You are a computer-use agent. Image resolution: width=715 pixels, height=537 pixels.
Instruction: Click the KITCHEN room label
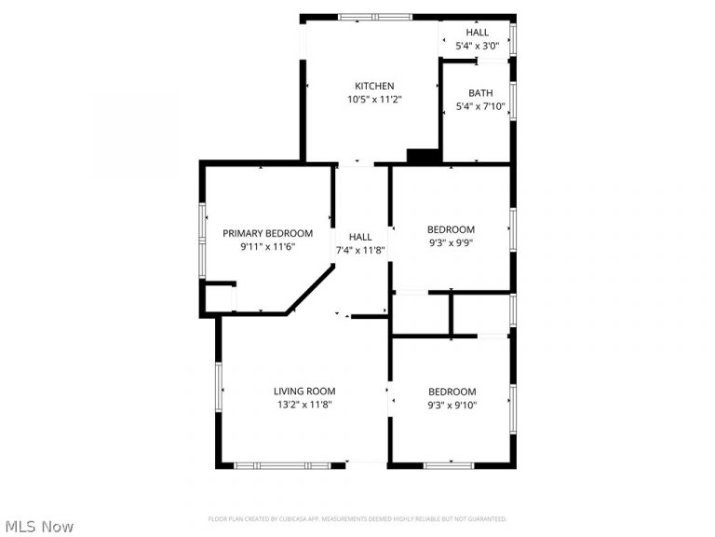[374, 86]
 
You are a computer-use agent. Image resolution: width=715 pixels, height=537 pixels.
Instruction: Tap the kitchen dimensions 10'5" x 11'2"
[374, 99]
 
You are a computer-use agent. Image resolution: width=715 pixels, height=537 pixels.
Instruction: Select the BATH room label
[480, 92]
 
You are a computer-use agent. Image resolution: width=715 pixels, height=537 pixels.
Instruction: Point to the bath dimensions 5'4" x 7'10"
[480, 106]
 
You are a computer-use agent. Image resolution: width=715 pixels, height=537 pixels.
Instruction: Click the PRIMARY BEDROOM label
[267, 233]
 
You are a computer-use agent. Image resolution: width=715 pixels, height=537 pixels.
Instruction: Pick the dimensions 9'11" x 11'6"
[267, 247]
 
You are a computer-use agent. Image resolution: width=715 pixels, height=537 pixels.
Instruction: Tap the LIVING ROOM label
[304, 391]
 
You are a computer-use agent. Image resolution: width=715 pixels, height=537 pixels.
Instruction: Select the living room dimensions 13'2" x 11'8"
[304, 405]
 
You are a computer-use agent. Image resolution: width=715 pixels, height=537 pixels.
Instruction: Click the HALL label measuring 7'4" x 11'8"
[360, 237]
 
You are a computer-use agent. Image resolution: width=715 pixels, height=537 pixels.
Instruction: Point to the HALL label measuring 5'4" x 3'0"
[477, 32]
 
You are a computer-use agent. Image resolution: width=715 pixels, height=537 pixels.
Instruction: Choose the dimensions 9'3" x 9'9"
[451, 243]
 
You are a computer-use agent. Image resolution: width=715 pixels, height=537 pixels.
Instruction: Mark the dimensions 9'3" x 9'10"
[452, 405]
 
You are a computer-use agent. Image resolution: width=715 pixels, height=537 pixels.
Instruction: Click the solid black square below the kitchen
[425, 157]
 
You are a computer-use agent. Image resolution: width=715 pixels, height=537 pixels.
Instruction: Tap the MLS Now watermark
[38, 527]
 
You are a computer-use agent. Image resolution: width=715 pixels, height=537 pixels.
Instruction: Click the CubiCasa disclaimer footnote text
[357, 518]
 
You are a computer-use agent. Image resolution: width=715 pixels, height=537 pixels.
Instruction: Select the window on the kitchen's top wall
[374, 17]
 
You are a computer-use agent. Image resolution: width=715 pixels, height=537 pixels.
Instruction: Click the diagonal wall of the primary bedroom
[310, 289]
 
